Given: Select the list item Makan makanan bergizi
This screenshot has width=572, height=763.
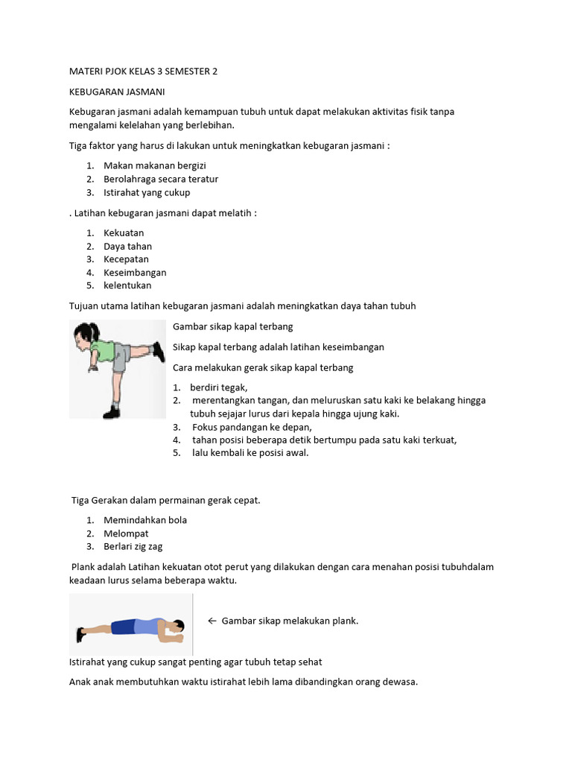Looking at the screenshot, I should tap(155, 165).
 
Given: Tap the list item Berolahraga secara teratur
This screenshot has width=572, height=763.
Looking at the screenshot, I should tap(161, 179).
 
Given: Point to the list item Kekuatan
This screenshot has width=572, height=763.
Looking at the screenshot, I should tap(124, 232).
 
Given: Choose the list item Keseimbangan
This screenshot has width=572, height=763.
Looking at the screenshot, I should tap(135, 273).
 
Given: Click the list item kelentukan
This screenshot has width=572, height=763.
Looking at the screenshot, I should tap(127, 286).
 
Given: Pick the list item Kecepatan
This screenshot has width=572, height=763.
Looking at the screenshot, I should tap(126, 259).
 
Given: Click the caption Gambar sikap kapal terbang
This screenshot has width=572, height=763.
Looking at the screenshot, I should tap(232, 326).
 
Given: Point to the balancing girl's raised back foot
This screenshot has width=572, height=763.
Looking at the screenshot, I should tap(157, 349).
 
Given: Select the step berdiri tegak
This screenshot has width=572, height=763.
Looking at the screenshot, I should tap(218, 387).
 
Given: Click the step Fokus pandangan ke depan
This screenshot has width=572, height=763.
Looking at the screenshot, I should tap(252, 427).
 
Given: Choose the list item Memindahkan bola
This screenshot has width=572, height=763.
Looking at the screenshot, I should tap(145, 520).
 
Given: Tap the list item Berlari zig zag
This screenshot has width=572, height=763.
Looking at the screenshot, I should tap(133, 547).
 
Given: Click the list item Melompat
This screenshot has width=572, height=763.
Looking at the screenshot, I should tap(126, 534).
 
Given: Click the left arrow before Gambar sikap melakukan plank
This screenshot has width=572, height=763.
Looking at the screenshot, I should tap(212, 621).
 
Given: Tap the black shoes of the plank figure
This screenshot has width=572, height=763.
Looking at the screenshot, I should tap(80, 634).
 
